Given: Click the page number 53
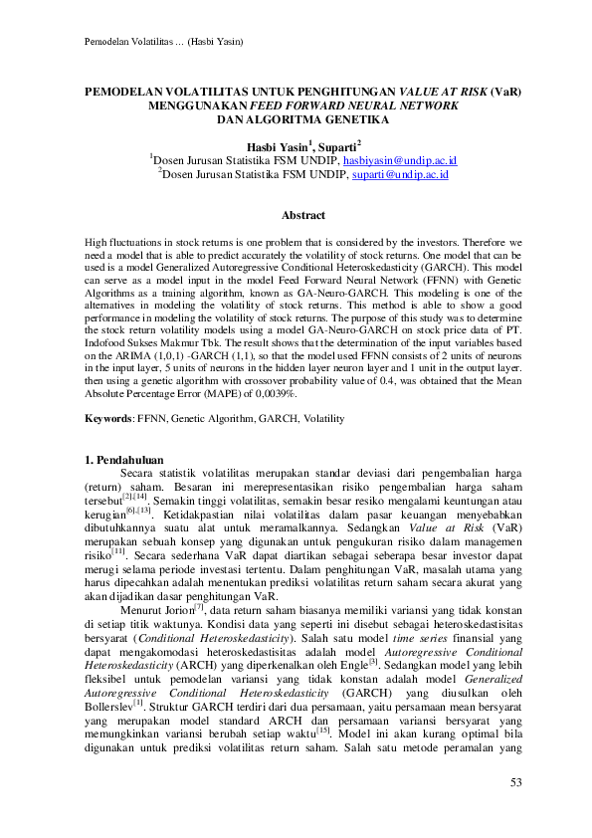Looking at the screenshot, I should (x=515, y=783).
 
